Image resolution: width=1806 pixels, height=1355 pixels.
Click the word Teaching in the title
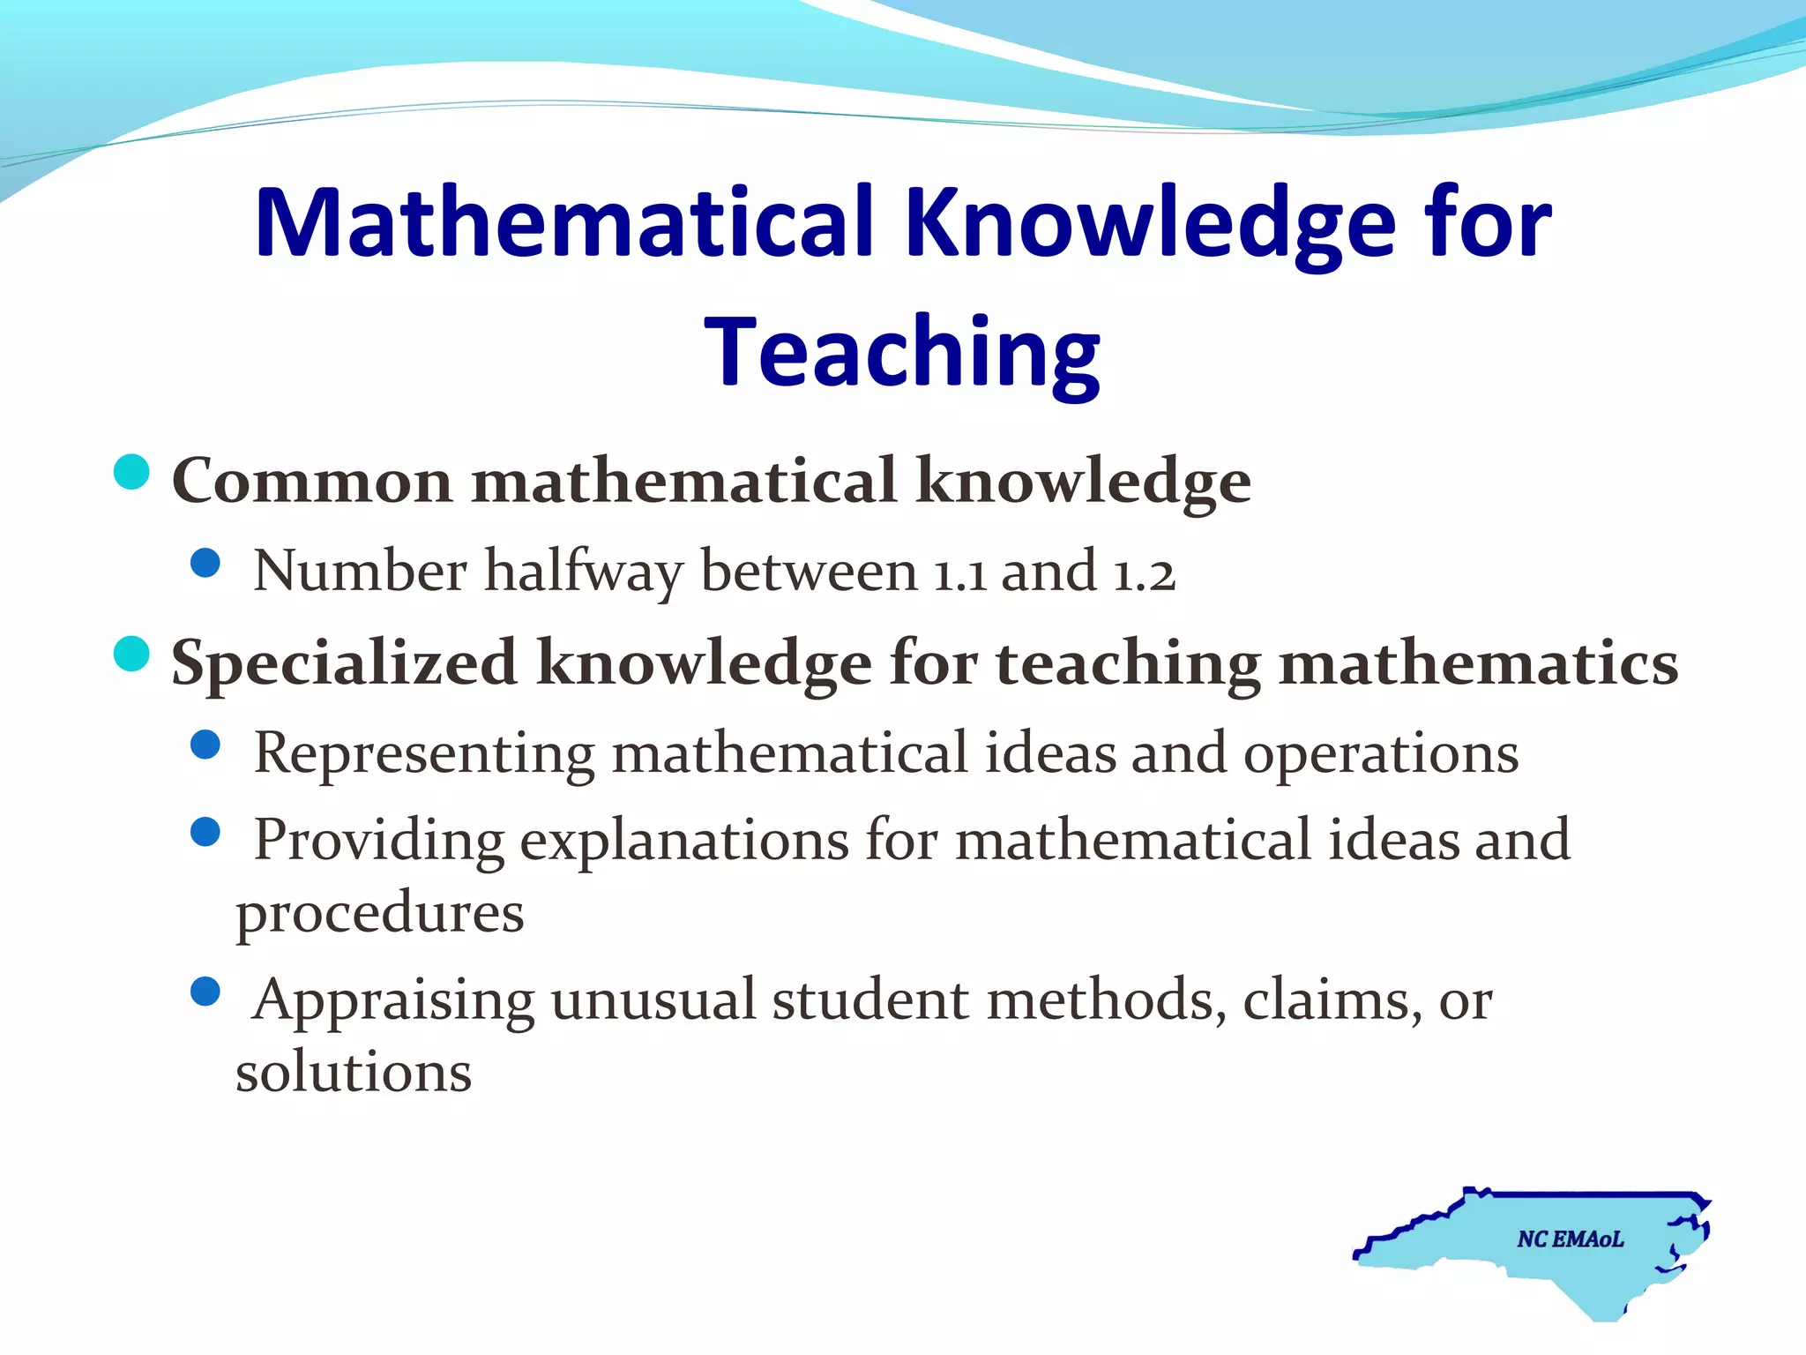pos(902,353)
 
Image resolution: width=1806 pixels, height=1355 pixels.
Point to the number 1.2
pos(1144,573)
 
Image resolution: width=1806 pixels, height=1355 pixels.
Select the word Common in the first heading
pos(312,482)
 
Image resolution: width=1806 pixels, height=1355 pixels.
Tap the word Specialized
pos(344,663)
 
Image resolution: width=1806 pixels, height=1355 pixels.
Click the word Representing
pos(424,754)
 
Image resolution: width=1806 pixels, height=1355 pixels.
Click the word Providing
pos(378,840)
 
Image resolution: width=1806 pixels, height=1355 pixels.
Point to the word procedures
pos(380,913)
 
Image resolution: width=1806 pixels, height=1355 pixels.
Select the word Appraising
pos(393,1001)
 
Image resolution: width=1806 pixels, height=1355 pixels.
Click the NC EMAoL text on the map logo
pos(1570,1239)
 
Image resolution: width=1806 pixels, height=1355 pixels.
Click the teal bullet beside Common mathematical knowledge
pos(132,472)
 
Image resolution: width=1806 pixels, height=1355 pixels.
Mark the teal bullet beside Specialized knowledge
pos(132,654)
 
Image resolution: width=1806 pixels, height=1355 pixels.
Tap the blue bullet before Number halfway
pos(205,563)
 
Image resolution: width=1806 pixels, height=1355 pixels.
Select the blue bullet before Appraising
pos(205,992)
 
